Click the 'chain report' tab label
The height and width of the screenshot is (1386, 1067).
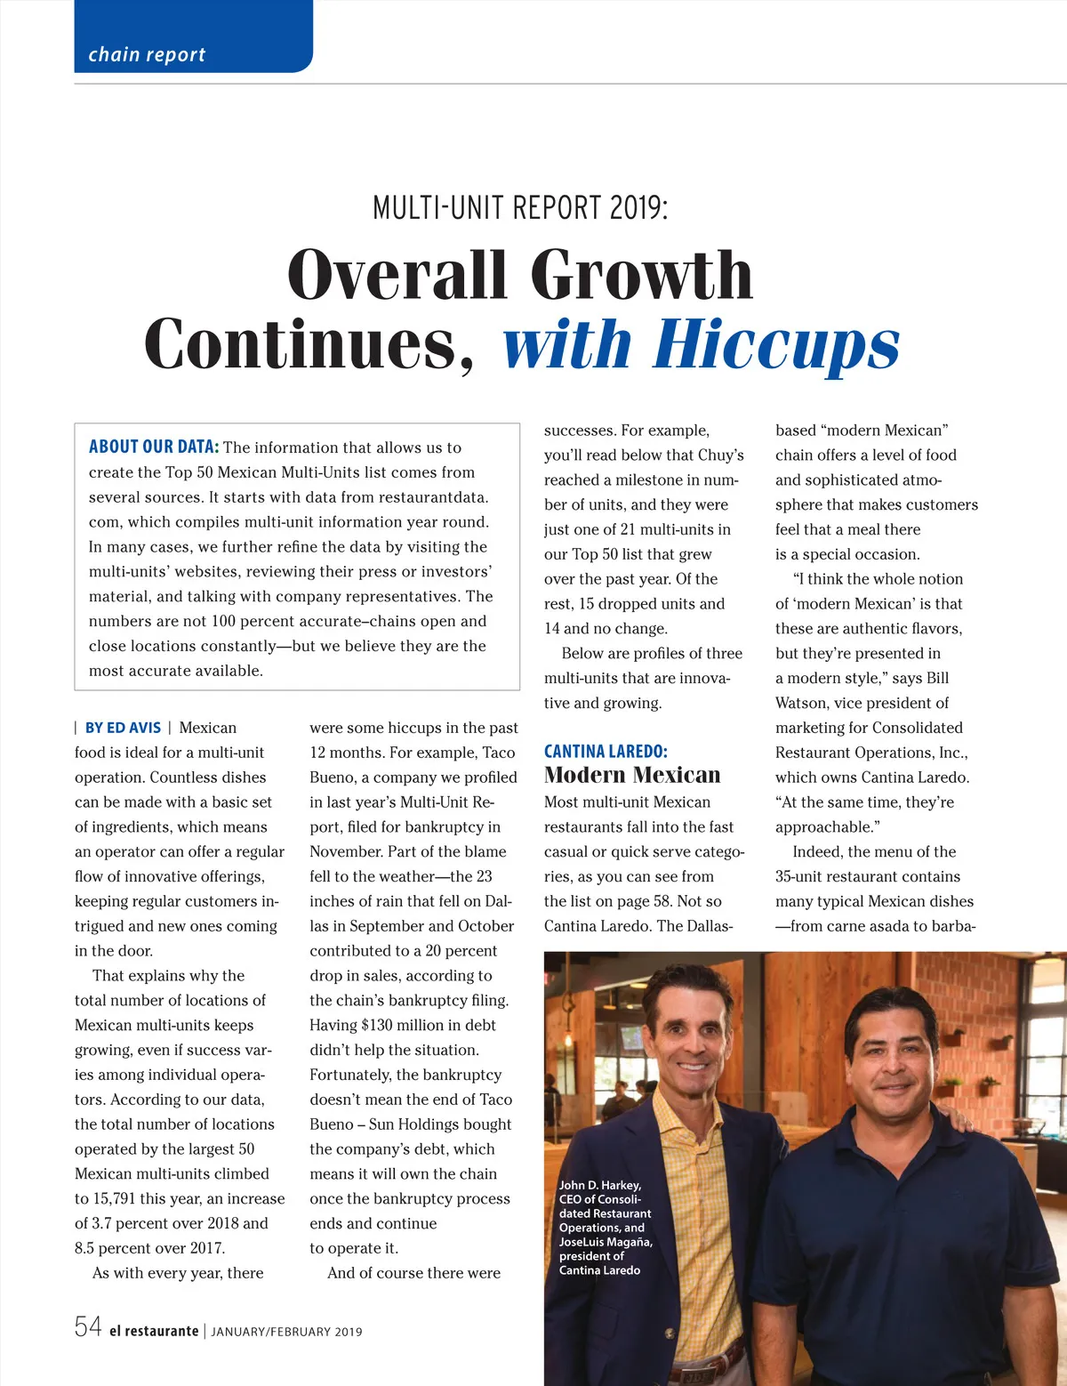coord(147,54)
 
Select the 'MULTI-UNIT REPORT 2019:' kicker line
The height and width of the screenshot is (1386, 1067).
coord(520,208)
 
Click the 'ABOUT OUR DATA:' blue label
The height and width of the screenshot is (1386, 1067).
coord(154,447)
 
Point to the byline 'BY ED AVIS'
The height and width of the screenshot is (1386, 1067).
coord(123,728)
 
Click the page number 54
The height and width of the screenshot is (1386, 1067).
coord(88,1327)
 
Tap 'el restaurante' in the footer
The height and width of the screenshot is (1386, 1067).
coord(154,1331)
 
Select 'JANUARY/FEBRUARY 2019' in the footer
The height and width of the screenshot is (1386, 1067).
coord(286,1332)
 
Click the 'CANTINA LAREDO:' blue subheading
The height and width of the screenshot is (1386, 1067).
coord(606,752)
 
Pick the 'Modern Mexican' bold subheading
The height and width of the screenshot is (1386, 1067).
coord(632,775)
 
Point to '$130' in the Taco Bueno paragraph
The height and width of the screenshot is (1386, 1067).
coord(379,1025)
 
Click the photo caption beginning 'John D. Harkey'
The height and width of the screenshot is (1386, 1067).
coord(605,1227)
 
